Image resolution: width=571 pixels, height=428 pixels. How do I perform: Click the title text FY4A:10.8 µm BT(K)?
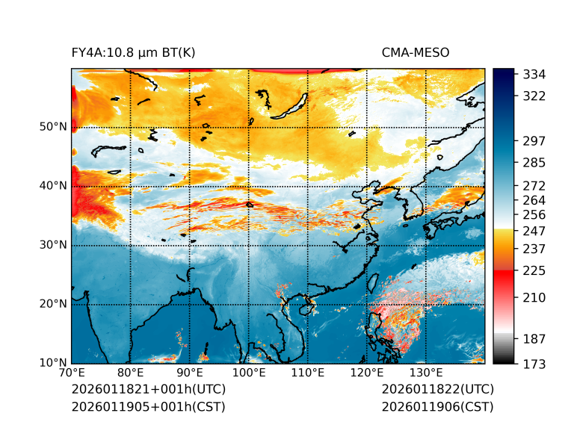pos(133,52)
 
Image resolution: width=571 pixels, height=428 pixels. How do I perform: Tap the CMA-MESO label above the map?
pos(416,52)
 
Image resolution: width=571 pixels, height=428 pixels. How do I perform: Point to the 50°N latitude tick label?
pos(53,127)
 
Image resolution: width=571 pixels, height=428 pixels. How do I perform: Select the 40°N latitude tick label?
pos(53,186)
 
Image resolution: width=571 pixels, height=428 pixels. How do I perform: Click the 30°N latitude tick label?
pos(53,245)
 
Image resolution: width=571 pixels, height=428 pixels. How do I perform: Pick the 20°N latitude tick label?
pos(53,304)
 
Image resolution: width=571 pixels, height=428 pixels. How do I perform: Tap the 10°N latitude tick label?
pos(53,363)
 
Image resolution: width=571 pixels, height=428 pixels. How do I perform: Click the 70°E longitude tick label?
pos(72,373)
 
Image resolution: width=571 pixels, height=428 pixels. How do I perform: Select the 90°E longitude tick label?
pos(190,373)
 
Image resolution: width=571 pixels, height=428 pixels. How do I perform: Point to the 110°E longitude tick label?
pos(308,373)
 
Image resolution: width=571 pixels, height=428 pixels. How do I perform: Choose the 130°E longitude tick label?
pos(426,373)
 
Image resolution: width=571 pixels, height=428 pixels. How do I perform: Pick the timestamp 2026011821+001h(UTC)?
pos(148,390)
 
